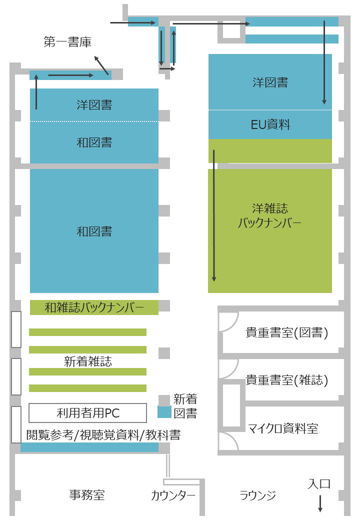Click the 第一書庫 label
click(x=67, y=42)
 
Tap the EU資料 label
click(x=270, y=124)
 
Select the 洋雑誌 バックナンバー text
click(x=270, y=215)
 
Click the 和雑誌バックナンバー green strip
click(x=94, y=307)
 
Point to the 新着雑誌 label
click(x=88, y=361)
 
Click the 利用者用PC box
click(x=88, y=413)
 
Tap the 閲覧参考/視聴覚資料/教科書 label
click(x=103, y=435)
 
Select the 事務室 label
click(x=87, y=495)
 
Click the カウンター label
click(x=173, y=495)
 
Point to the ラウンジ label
click(x=257, y=495)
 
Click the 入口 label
click(x=319, y=484)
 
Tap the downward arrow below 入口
click(x=320, y=503)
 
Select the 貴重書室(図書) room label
click(x=286, y=332)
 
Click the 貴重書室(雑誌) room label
click(x=286, y=380)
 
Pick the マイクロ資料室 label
click(x=283, y=428)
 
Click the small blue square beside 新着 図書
click(x=164, y=412)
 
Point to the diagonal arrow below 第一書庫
click(x=101, y=65)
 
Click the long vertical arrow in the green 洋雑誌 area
click(x=214, y=215)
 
